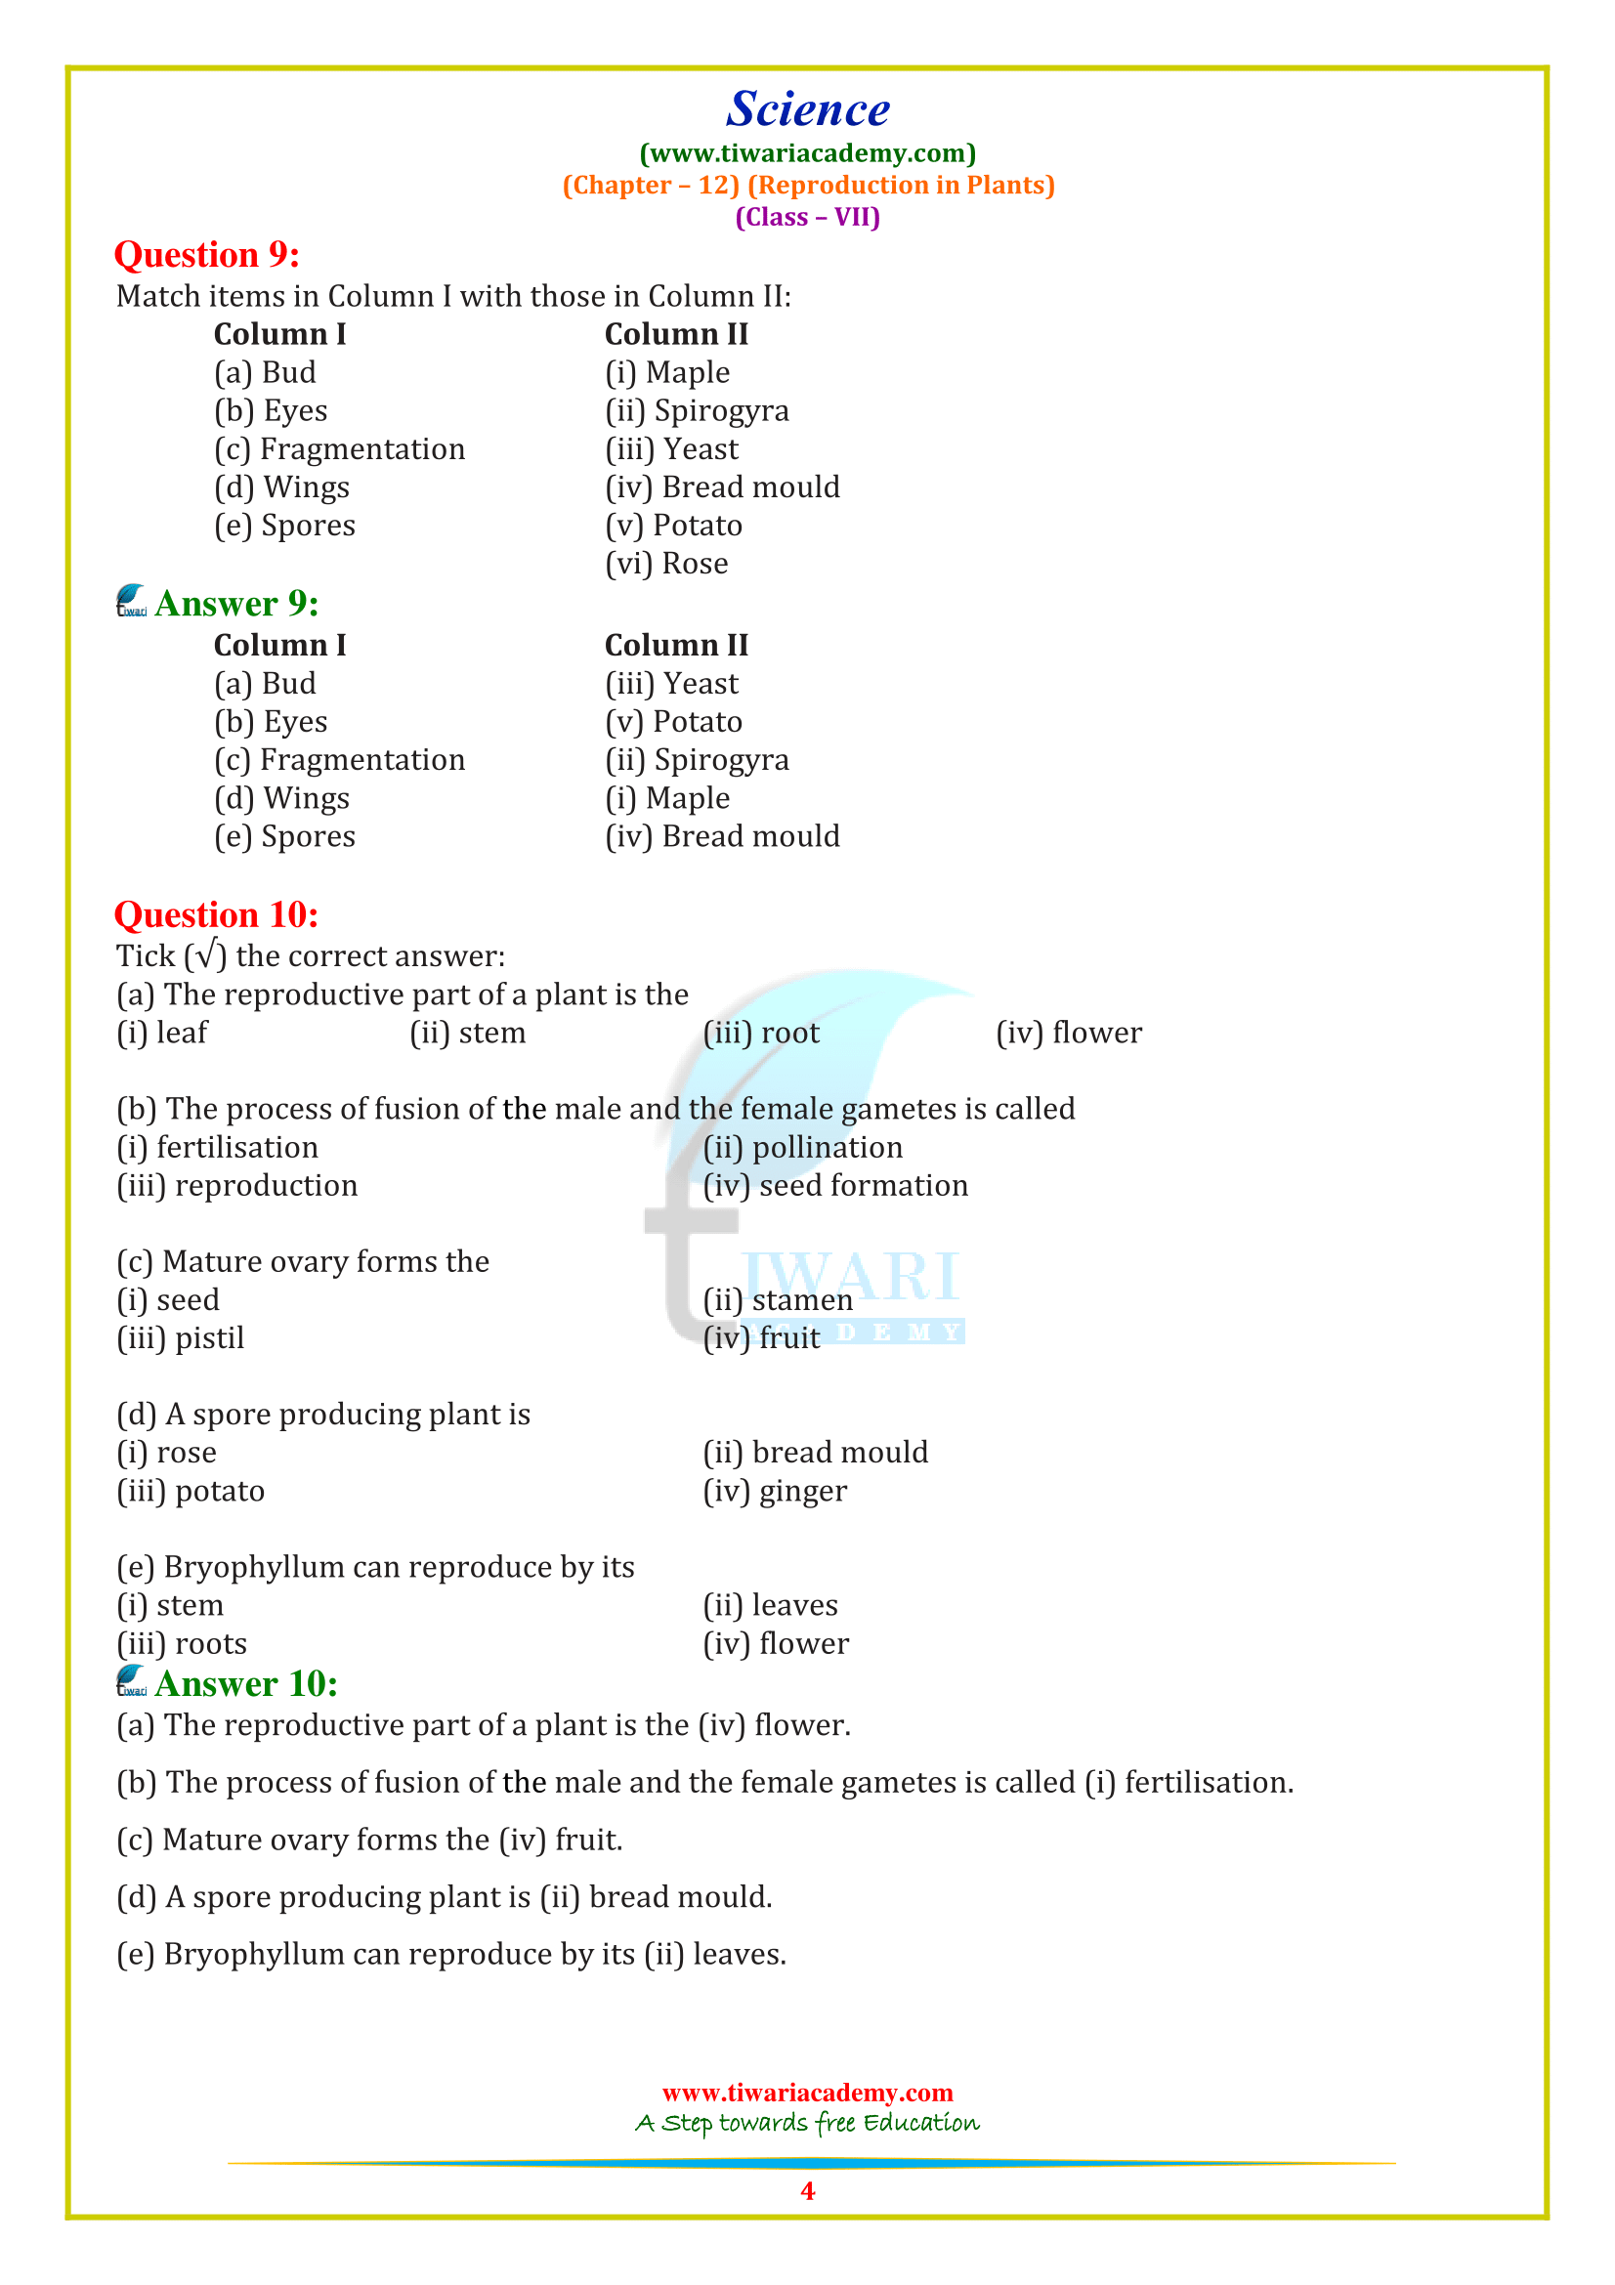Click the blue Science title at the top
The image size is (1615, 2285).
(x=807, y=109)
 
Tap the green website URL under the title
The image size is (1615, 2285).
(x=807, y=153)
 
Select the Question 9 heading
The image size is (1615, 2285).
(x=207, y=255)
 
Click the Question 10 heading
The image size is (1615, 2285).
(x=216, y=914)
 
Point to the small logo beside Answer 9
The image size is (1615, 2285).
(x=131, y=601)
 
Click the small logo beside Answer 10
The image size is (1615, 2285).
(x=131, y=1681)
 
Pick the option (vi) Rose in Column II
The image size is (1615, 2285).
(x=666, y=565)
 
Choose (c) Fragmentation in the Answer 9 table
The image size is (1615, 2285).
(x=339, y=760)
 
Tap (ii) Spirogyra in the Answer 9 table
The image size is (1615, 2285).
(x=697, y=760)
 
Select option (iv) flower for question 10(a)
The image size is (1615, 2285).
(x=1069, y=1033)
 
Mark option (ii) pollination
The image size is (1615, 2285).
(x=802, y=1148)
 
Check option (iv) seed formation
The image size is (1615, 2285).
(x=835, y=1186)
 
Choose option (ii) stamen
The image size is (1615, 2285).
(x=777, y=1300)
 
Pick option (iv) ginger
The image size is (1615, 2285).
(x=774, y=1492)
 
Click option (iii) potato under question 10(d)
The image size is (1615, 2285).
(x=191, y=1492)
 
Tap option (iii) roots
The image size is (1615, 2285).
(x=182, y=1644)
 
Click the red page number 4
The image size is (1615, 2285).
(x=807, y=2190)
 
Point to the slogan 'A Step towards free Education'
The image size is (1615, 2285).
(x=807, y=2123)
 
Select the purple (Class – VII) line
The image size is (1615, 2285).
(x=807, y=217)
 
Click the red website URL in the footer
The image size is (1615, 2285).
(x=807, y=2092)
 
